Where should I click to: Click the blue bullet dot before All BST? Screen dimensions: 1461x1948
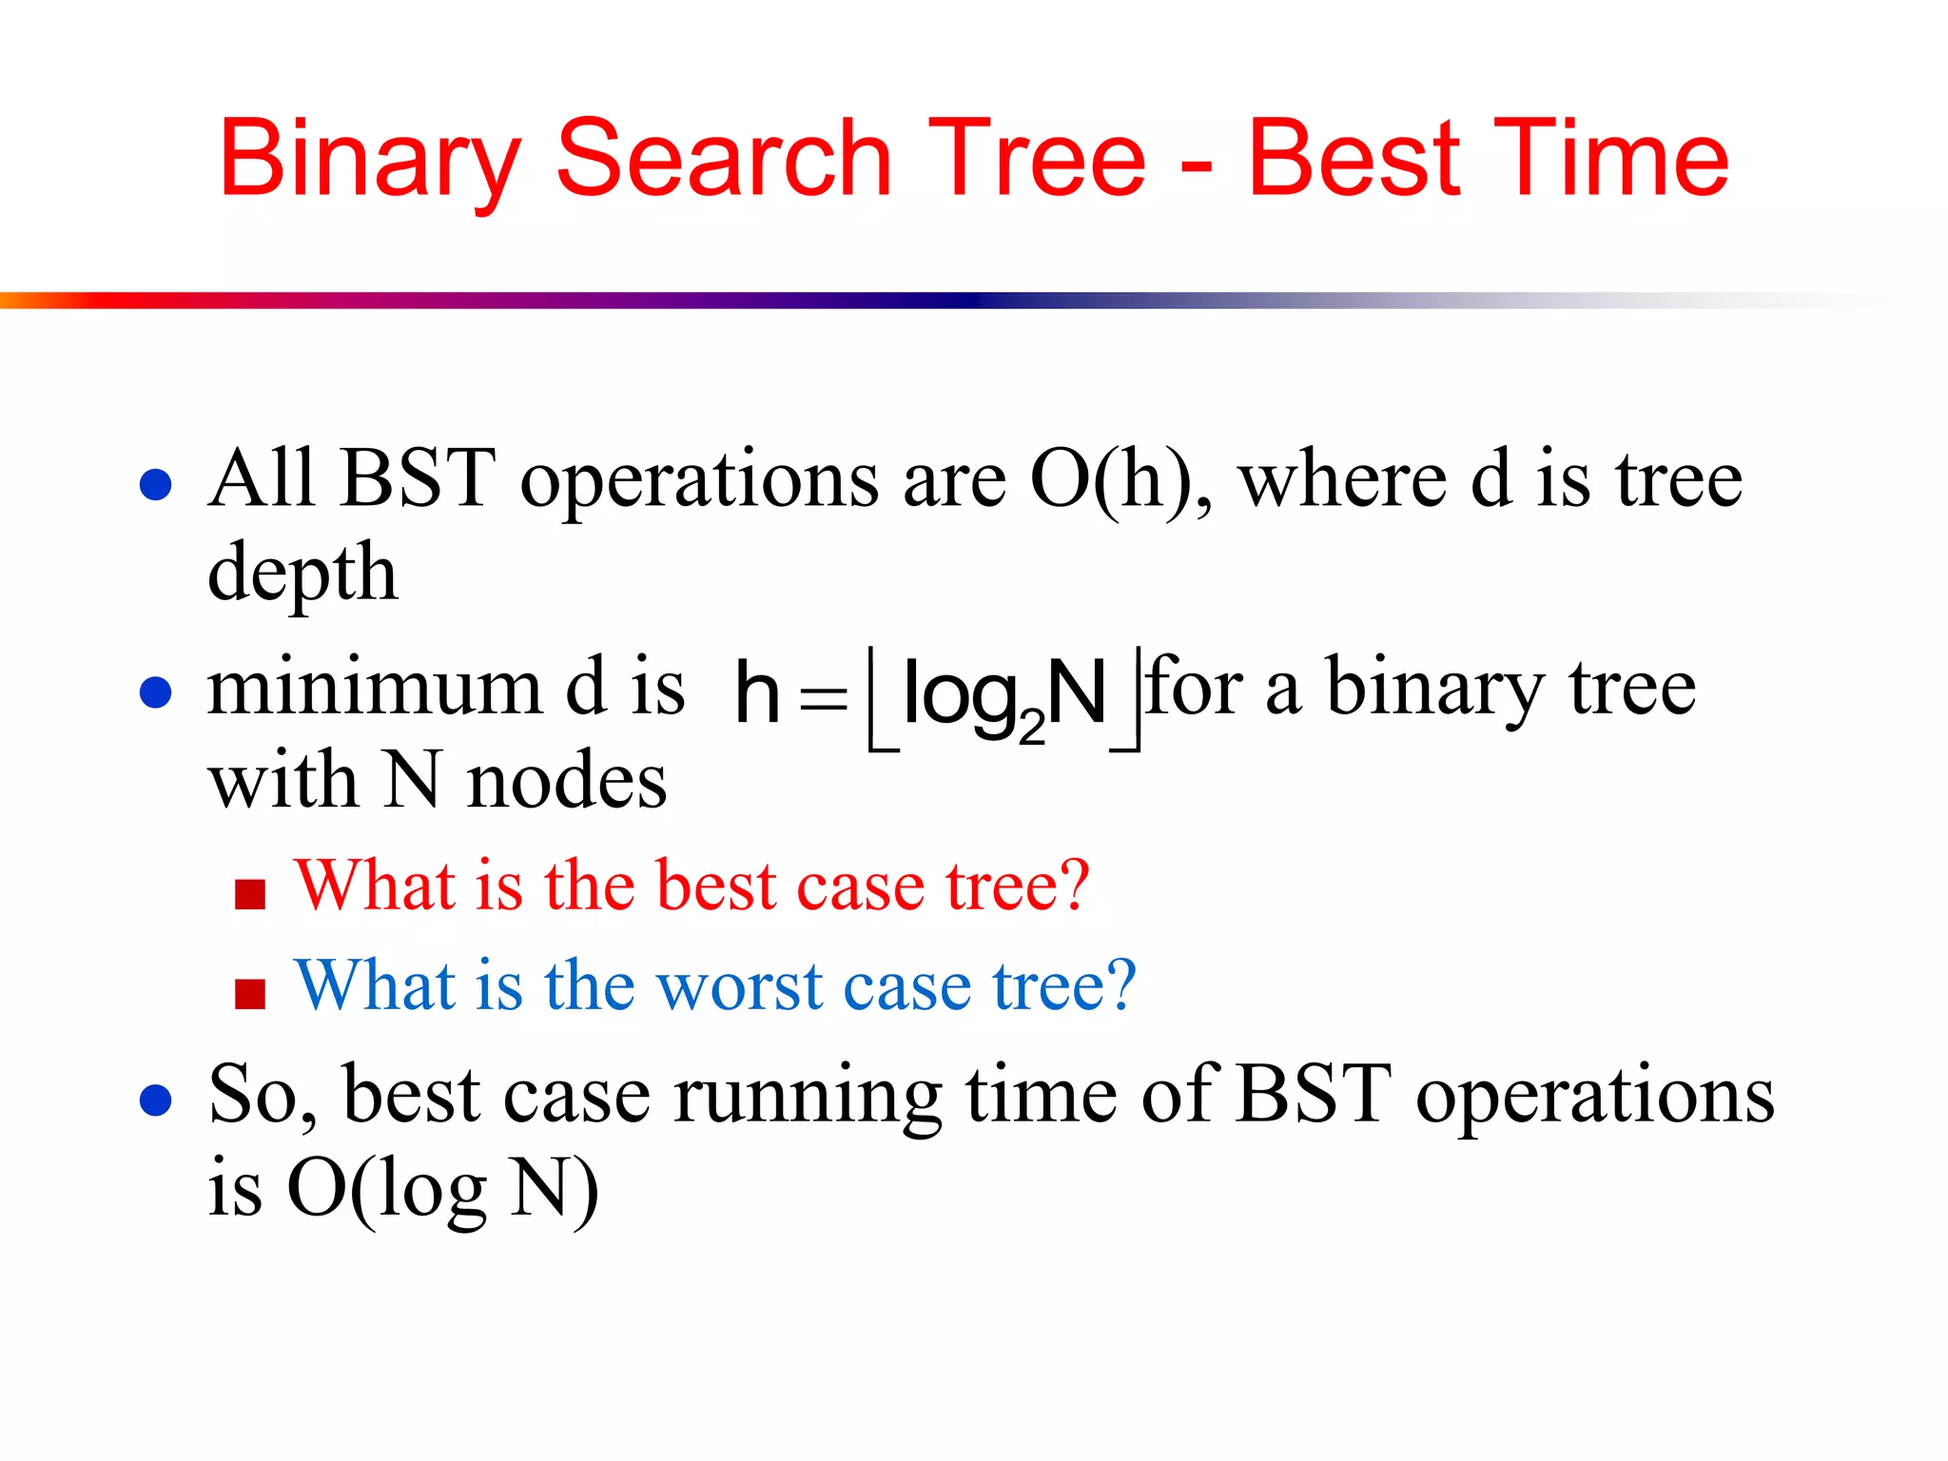(155, 484)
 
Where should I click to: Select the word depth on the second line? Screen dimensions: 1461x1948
(302, 575)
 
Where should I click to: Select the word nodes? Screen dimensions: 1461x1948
(567, 782)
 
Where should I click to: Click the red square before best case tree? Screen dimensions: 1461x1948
(250, 894)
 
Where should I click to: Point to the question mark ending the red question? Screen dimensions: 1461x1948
(1073, 885)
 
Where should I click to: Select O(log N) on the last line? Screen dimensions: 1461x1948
(442, 1189)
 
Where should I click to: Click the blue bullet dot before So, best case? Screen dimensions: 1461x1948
(155, 1101)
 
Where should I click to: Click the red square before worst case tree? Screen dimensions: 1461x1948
(250, 994)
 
